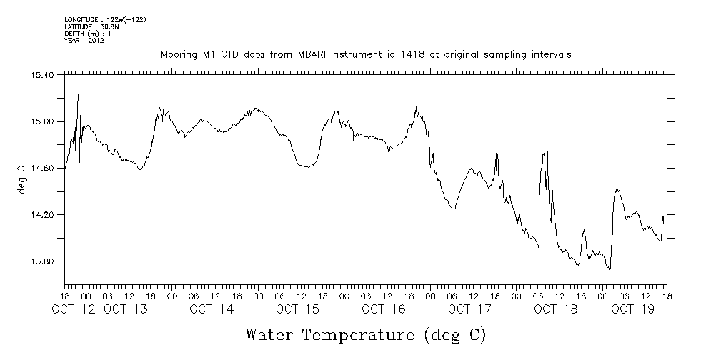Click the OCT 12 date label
[75, 309]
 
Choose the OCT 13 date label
[126, 309]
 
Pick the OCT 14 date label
[212, 309]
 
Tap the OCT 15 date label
[297, 309]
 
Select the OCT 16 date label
[384, 309]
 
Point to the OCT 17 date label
[469, 309]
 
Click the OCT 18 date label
[555, 309]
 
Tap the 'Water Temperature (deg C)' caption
[365, 334]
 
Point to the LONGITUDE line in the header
[105, 20]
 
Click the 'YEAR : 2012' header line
[85, 40]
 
